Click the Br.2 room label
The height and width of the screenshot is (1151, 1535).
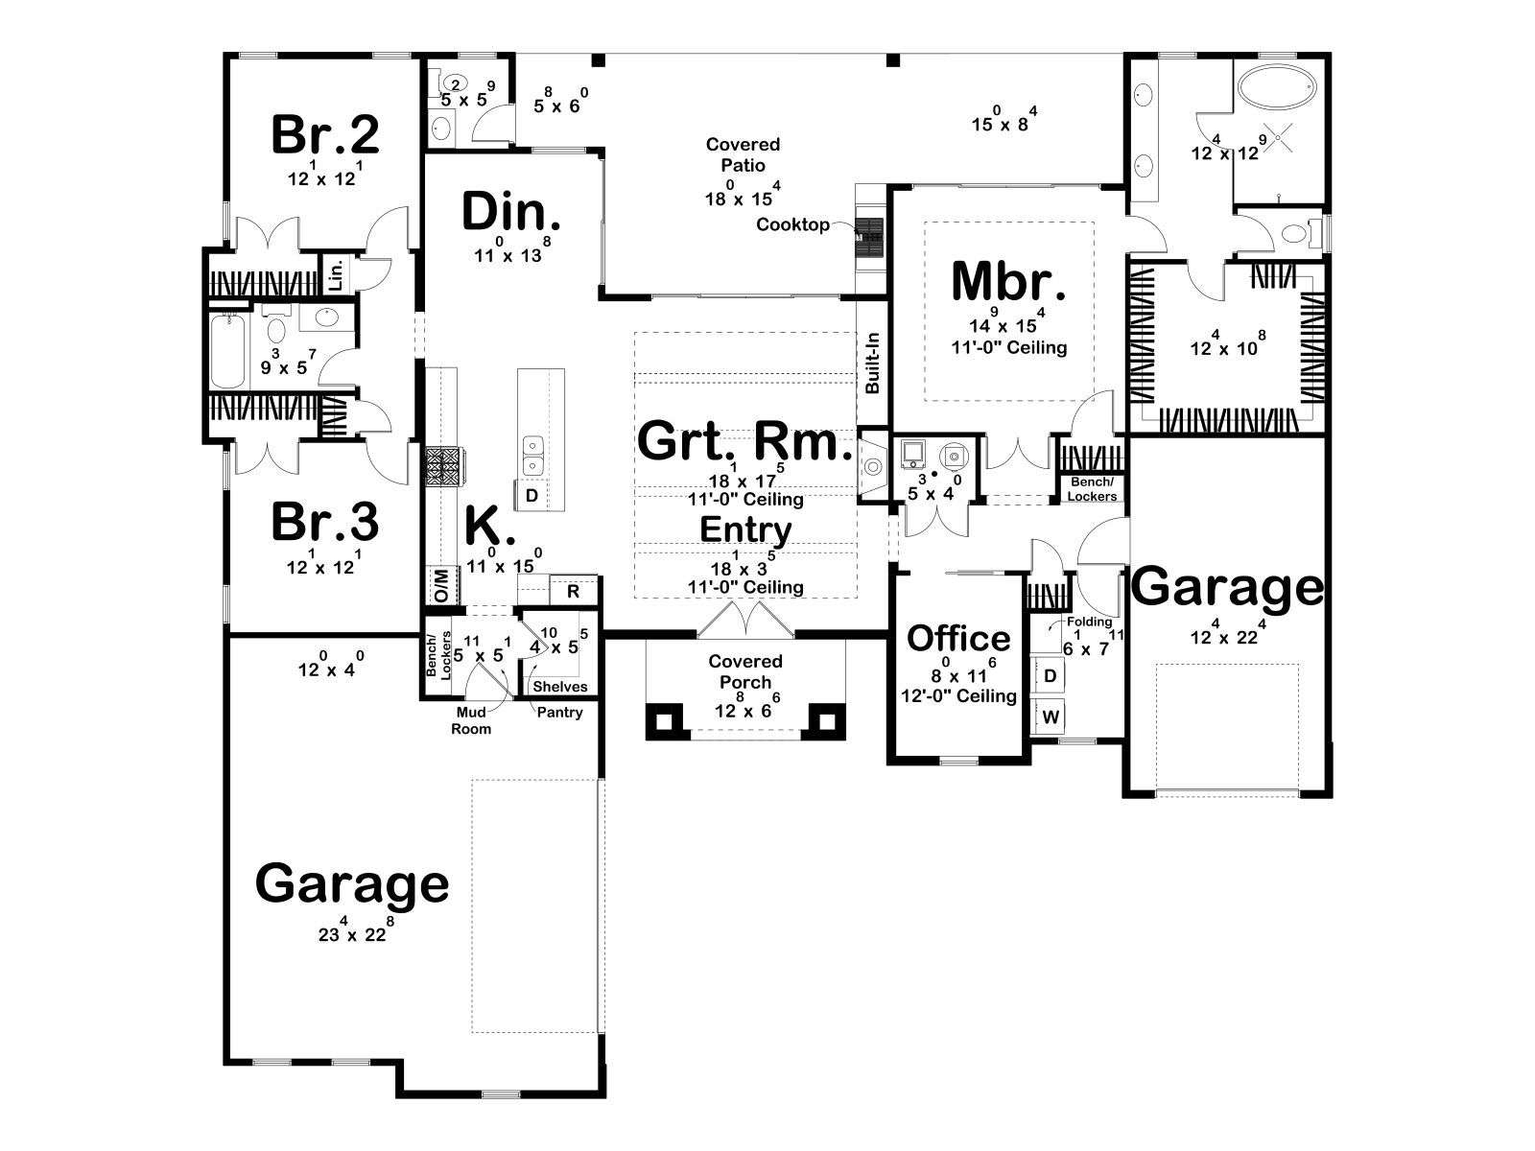tap(324, 134)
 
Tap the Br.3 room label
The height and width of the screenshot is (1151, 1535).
tap(324, 522)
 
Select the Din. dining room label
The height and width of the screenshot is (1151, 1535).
tap(511, 212)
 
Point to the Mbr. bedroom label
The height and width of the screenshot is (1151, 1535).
tap(1008, 281)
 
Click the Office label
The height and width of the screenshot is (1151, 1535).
tap(958, 638)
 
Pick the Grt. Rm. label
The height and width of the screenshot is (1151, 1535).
tap(744, 441)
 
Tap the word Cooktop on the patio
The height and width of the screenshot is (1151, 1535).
tap(792, 224)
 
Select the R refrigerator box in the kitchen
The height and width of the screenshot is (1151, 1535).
tap(573, 591)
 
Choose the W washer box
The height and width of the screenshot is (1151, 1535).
tap(1051, 716)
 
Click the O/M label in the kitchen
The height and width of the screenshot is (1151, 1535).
tap(440, 585)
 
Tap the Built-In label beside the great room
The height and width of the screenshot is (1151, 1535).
tap(872, 363)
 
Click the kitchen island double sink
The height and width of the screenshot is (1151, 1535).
tap(532, 455)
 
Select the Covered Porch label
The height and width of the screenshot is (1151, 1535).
tap(744, 671)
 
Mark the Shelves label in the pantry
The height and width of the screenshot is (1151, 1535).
tap(560, 686)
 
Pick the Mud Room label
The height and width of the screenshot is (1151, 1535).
tap(471, 720)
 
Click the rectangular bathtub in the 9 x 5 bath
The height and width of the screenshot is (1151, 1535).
tap(228, 351)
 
